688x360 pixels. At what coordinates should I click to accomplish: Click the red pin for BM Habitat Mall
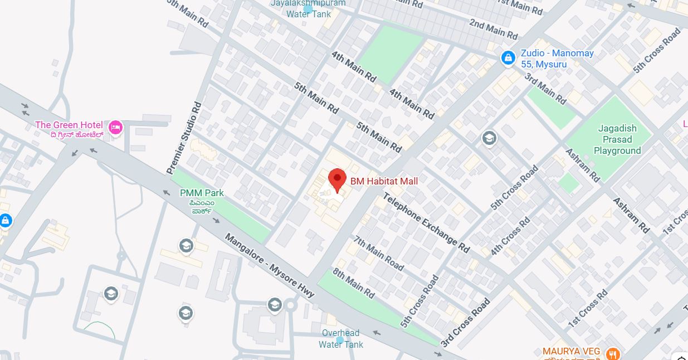coord(337,179)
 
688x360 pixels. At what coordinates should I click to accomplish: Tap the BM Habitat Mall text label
coord(384,181)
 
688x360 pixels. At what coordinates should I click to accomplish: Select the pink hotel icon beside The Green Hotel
coord(115,127)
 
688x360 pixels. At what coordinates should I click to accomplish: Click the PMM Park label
coord(202,193)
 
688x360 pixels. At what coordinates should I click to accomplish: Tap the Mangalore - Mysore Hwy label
coord(270,265)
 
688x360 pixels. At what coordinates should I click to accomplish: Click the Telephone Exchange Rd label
coord(426,222)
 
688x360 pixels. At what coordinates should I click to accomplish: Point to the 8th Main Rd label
coord(354,283)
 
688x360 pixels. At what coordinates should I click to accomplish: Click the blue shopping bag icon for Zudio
coord(508,58)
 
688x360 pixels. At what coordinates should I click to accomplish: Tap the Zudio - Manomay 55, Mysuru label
coord(557,59)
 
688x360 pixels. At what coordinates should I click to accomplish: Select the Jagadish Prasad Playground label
coord(617,139)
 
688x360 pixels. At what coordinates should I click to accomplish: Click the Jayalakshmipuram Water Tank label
coord(308,8)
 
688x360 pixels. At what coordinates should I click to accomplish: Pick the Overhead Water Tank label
coord(340,339)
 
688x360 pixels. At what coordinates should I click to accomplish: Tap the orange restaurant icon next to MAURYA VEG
coord(613,353)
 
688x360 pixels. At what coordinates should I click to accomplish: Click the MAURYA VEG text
coord(571,352)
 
